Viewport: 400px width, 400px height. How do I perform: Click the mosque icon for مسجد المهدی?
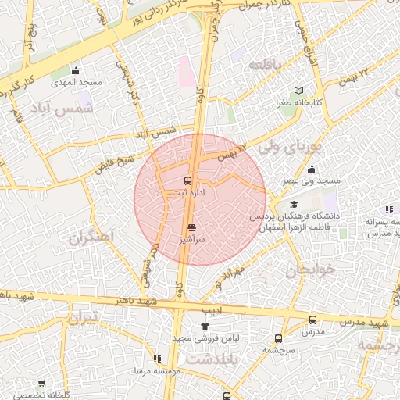77,71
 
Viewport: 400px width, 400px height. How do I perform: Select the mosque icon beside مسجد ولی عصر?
312,170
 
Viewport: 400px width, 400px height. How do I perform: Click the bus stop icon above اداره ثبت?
187,180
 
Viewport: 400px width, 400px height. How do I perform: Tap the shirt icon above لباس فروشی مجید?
205,325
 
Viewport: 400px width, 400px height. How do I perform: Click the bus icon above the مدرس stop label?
313,320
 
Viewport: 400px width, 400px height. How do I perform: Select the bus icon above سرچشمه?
278,339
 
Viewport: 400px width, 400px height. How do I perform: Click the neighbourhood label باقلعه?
264,66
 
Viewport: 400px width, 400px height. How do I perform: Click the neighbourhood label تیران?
85,318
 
